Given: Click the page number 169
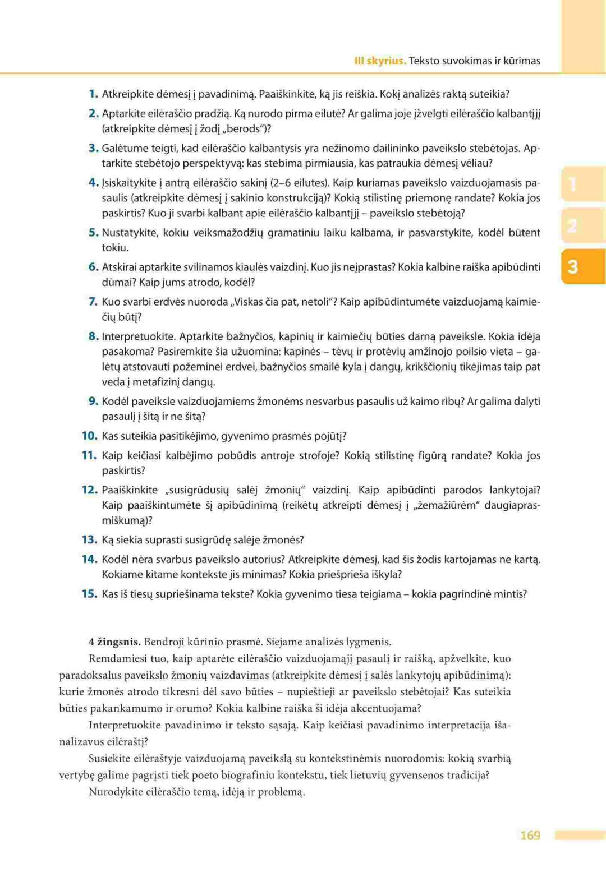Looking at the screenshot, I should click(x=530, y=835).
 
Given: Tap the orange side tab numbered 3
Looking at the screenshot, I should click(x=572, y=266).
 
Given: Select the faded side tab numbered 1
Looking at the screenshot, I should click(x=572, y=184).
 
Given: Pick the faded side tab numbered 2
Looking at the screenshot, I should click(x=572, y=226).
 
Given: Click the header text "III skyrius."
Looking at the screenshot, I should click(x=380, y=61).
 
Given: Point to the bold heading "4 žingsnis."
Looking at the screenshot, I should click(x=114, y=642).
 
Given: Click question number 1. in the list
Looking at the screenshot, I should click(x=93, y=94).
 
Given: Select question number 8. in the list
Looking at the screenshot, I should click(x=93, y=336).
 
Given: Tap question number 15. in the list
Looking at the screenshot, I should click(x=90, y=594).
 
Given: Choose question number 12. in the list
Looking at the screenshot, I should click(x=90, y=490).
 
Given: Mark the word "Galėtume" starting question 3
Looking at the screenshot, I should click(x=123, y=148).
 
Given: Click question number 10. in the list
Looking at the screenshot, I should click(x=90, y=436).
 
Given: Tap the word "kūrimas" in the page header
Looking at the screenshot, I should click(x=522, y=61).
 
